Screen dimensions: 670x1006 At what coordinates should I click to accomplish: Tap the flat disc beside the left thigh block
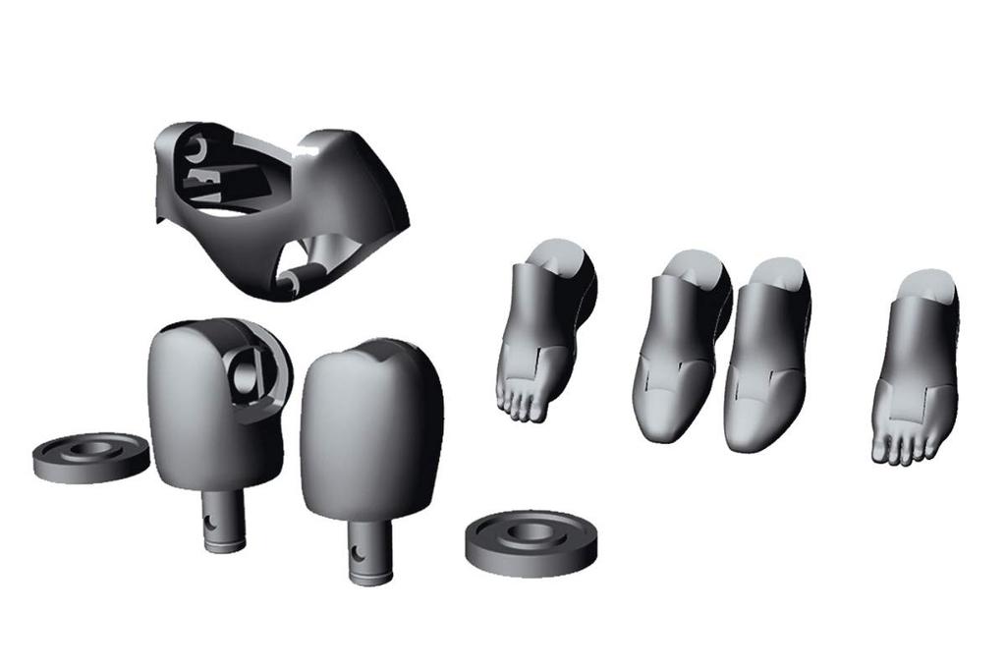[x=89, y=457]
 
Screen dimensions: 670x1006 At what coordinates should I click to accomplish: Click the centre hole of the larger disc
[x=531, y=530]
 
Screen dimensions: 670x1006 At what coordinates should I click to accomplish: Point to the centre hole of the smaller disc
[x=90, y=449]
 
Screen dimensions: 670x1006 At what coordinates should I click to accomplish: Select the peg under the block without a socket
[x=369, y=549]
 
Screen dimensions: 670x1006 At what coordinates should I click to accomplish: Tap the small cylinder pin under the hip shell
[x=291, y=285]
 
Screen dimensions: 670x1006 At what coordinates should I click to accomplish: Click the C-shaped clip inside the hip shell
[x=197, y=148]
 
